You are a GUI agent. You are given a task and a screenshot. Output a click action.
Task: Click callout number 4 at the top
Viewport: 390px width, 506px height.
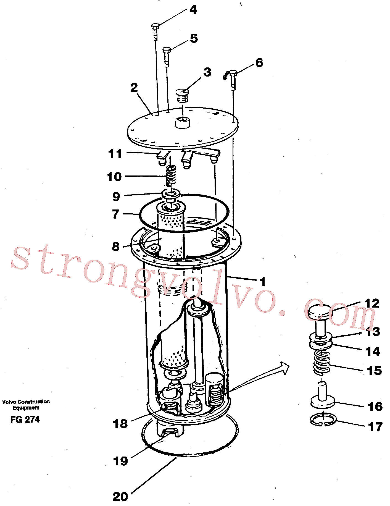coord(193,10)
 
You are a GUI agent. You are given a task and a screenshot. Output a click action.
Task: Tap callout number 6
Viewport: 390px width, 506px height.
coord(259,63)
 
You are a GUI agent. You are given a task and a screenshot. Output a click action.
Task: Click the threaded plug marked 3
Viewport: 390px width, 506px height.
coord(182,95)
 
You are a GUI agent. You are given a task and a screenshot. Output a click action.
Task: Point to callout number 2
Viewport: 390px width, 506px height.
coord(134,88)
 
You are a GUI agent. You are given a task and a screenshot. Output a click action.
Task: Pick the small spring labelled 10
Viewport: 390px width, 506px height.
coord(171,176)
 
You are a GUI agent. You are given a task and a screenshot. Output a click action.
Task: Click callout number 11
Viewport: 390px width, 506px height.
coord(115,154)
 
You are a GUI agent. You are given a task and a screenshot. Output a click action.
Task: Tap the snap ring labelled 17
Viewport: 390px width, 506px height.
coord(323,420)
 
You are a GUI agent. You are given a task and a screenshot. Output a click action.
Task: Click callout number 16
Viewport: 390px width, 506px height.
coord(375,407)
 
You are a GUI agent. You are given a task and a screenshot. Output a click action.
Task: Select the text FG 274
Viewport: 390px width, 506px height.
coord(25,420)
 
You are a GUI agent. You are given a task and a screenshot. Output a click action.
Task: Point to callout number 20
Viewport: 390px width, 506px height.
coord(120,497)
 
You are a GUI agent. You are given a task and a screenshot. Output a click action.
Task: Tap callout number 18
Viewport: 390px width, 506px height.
coord(120,424)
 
